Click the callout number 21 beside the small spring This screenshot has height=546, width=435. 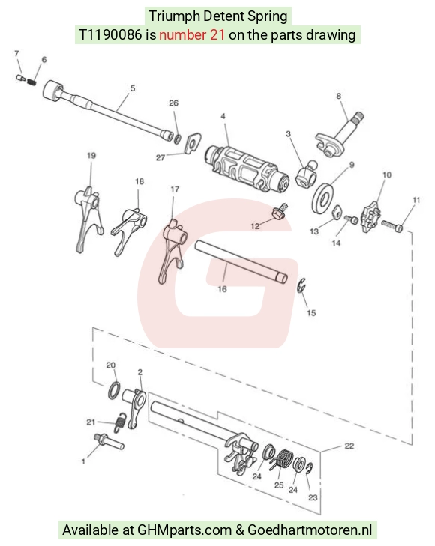pos(91,422)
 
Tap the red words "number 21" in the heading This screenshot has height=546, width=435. pos(192,34)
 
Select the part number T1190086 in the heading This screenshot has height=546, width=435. pos(110,34)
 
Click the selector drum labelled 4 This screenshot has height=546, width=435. pos(247,169)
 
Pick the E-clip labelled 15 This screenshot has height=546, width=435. pos(301,285)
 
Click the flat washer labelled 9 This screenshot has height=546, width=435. pos(323,198)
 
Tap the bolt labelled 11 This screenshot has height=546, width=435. pos(392,225)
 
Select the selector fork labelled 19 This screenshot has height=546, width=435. pos(88,219)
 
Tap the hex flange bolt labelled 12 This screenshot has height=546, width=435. pos(280,211)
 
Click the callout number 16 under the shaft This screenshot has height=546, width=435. pos(222,288)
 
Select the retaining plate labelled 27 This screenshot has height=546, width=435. pos(193,143)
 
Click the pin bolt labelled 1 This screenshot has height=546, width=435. pos(109,441)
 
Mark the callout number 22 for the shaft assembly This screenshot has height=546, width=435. pos(349,446)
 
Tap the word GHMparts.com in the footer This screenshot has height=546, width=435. pos(184,530)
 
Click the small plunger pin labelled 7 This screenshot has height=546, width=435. pos(21,77)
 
